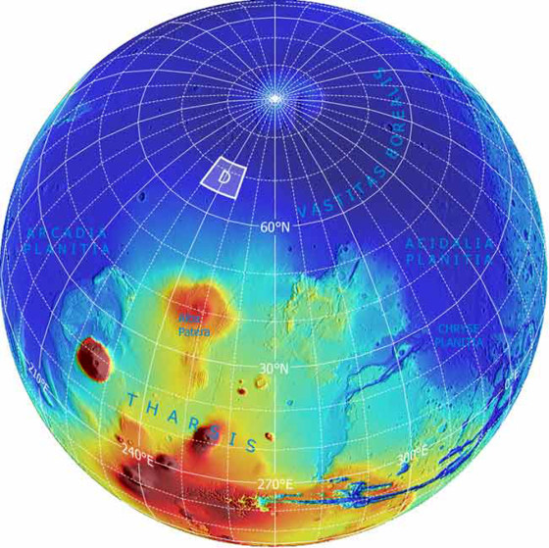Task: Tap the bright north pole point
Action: [276, 97]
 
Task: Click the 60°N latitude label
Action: [275, 227]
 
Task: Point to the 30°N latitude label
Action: [272, 369]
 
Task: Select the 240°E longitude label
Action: [136, 454]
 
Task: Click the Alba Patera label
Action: [194, 327]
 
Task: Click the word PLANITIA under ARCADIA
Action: [59, 251]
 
